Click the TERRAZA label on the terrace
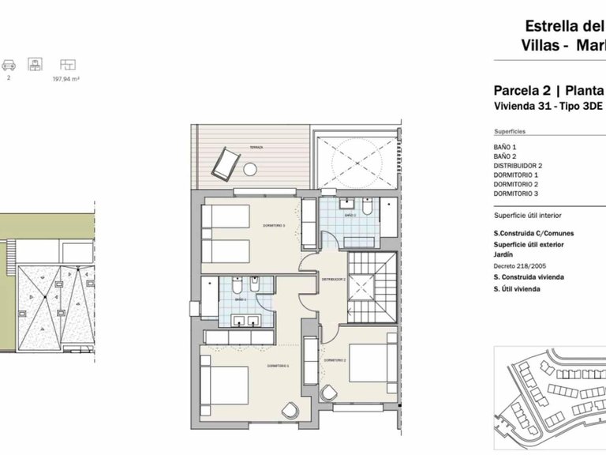click(257, 148)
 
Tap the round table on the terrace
click(251, 168)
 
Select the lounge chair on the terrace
click(223, 164)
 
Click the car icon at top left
click(9, 64)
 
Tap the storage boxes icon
click(34, 64)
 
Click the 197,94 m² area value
click(66, 79)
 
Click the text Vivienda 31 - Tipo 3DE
click(537, 106)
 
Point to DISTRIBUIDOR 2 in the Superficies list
click(518, 166)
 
